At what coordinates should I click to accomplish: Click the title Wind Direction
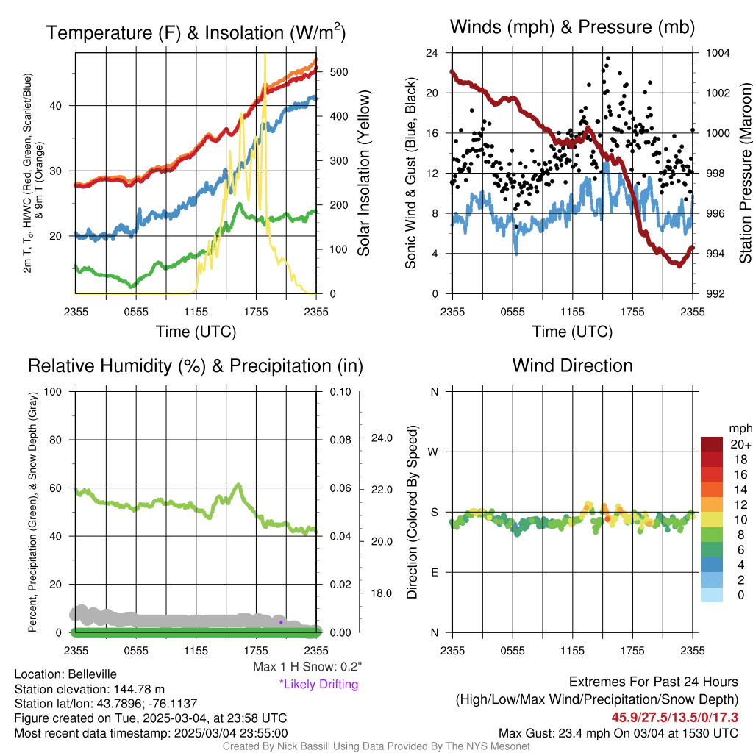click(x=572, y=365)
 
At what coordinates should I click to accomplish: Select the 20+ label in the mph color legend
click(x=740, y=444)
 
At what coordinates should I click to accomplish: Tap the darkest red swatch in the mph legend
click(x=713, y=444)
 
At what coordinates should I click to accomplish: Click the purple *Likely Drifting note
click(x=318, y=684)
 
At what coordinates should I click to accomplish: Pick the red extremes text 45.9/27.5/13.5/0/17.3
click(x=674, y=716)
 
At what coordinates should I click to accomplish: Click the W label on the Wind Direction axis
click(x=435, y=452)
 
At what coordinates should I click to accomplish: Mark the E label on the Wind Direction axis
click(x=435, y=572)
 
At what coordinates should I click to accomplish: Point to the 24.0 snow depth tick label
click(x=382, y=438)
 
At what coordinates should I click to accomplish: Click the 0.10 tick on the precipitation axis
click(x=339, y=391)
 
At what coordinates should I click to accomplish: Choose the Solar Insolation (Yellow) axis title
click(x=363, y=172)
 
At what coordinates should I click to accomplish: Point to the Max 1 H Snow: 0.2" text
click(x=307, y=667)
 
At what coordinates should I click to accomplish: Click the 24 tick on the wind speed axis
click(x=433, y=53)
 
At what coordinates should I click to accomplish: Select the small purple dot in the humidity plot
click(x=281, y=621)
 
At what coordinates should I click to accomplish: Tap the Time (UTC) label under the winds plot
click(x=572, y=332)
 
